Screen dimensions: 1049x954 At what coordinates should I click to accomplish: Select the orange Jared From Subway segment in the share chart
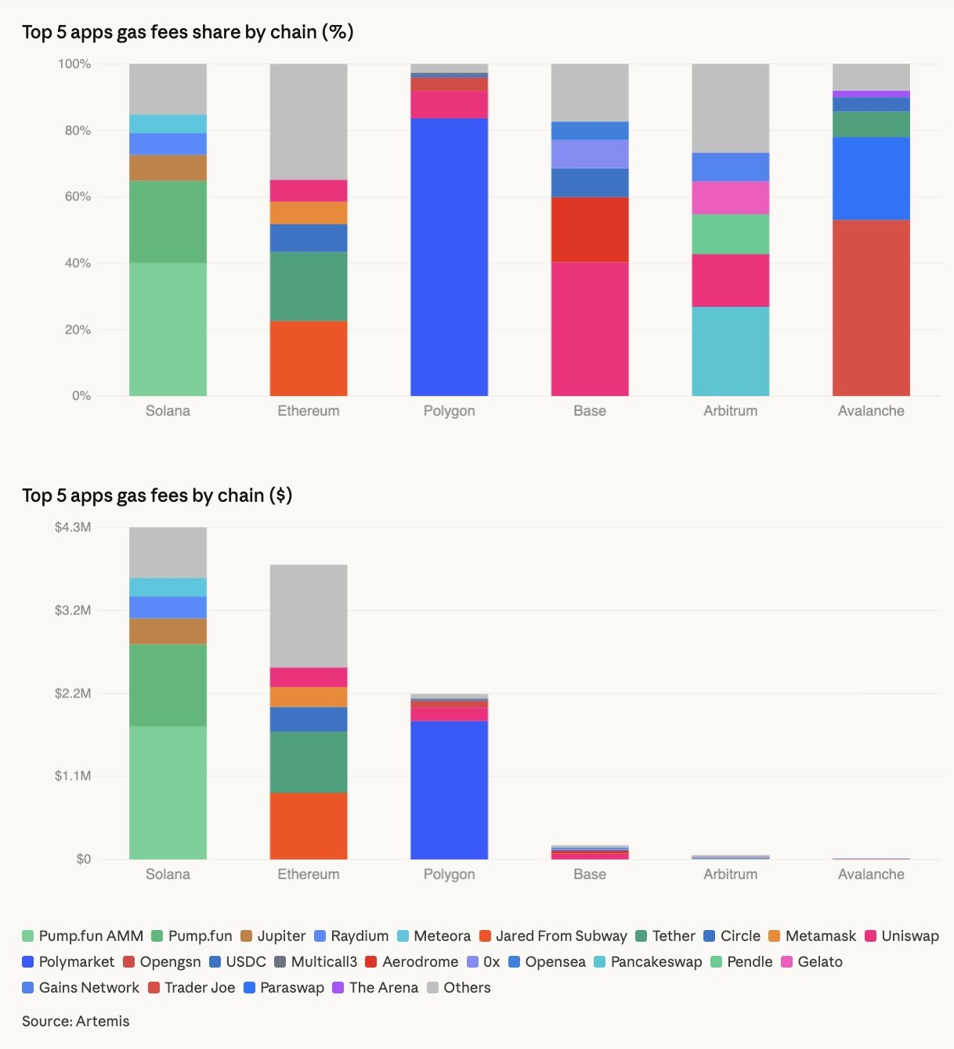pos(309,358)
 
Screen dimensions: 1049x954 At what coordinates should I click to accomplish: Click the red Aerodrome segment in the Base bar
pos(590,229)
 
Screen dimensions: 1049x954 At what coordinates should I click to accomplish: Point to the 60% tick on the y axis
pos(78,196)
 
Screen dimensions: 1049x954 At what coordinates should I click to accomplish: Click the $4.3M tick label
pos(73,528)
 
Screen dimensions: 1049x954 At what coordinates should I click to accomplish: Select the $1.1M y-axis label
pos(73,776)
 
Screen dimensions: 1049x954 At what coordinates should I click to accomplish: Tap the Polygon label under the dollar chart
pos(449,874)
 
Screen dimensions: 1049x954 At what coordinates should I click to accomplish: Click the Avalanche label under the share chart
pos(871,411)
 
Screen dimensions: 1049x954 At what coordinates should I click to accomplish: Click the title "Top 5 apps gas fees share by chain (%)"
pos(188,32)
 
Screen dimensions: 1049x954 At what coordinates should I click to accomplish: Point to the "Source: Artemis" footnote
pos(76,1022)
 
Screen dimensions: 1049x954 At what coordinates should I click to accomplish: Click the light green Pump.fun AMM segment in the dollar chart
pos(168,792)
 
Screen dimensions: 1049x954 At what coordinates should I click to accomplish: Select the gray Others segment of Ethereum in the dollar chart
pos(309,615)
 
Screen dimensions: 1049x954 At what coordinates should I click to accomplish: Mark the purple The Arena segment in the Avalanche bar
pos(871,94)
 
